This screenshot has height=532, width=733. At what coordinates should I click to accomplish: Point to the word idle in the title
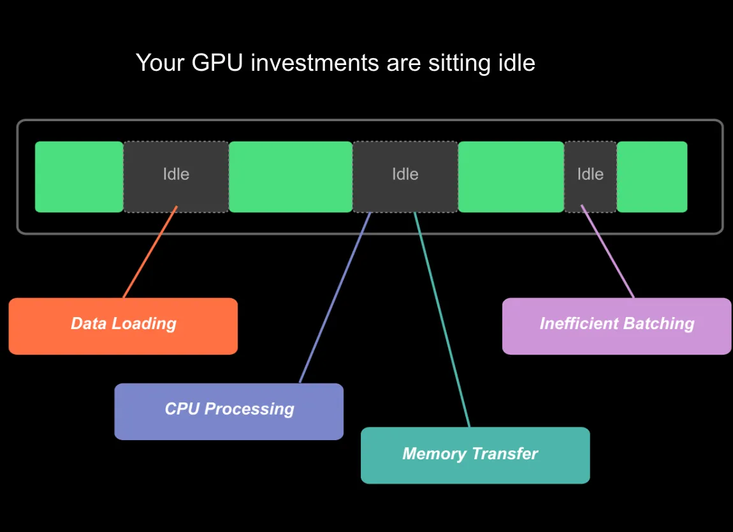(x=515, y=63)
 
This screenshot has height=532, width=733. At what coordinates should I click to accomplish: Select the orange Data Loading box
(x=123, y=326)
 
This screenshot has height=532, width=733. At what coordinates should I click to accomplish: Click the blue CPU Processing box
(x=229, y=411)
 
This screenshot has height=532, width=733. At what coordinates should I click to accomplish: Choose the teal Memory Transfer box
(x=475, y=455)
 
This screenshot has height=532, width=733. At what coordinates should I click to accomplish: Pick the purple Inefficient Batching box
(x=616, y=326)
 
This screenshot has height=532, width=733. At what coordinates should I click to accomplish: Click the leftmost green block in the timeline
(x=79, y=177)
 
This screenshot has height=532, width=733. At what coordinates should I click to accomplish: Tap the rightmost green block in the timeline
(x=651, y=177)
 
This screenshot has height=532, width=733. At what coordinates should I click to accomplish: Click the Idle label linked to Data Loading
(x=176, y=174)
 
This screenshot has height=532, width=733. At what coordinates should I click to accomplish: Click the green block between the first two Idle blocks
(x=291, y=177)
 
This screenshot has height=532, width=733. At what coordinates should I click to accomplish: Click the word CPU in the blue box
(x=182, y=409)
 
